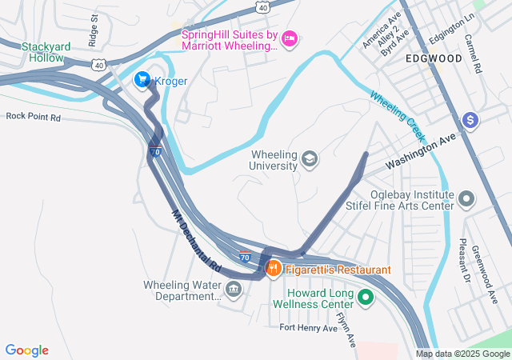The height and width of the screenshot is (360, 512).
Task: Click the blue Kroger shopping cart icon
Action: [x=142, y=79]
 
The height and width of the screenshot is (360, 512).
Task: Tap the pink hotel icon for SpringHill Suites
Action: [x=290, y=37]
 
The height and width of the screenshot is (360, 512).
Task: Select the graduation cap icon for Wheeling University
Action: [x=309, y=160]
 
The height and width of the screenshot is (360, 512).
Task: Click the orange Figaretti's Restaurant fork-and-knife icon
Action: [x=273, y=270]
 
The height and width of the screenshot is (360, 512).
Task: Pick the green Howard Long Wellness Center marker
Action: [x=366, y=298]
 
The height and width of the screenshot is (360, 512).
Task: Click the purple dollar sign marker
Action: [x=470, y=120]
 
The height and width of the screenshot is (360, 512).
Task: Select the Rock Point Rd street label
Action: [x=34, y=117]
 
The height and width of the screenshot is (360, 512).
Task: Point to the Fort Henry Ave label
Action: [x=309, y=328]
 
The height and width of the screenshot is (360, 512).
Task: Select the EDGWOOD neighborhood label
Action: [x=433, y=59]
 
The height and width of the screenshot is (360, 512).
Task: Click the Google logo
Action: [x=26, y=350]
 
